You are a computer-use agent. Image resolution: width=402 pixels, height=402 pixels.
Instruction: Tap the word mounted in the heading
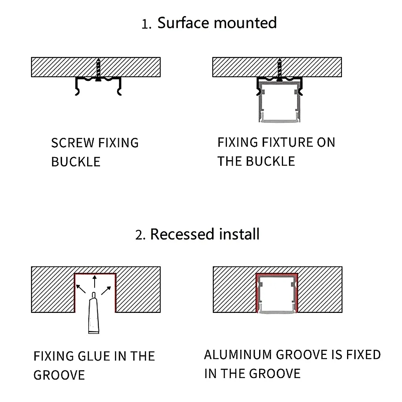tap(245, 23)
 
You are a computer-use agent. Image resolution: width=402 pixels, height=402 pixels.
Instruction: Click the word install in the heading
tap(239, 234)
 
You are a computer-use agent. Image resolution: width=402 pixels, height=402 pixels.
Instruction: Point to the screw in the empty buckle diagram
tap(98, 70)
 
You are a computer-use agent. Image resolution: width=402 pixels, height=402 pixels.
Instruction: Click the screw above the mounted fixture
tap(280, 70)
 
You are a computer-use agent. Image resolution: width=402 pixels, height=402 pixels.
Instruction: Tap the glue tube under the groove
tap(94, 313)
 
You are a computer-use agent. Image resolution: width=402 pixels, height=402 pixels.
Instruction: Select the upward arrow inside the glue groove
tap(95, 281)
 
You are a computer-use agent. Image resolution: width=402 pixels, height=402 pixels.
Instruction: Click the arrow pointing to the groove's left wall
tap(81, 289)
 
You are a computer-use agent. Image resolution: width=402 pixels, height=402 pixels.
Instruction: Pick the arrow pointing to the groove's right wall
tap(106, 290)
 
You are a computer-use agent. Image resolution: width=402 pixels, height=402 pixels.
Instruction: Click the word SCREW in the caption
tap(73, 143)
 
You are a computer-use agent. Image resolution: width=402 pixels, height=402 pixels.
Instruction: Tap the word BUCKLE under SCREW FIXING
tap(76, 162)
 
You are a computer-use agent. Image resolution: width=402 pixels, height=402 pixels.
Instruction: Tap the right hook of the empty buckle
tap(119, 87)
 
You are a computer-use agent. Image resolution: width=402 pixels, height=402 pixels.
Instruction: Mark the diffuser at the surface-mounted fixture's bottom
tap(279, 120)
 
